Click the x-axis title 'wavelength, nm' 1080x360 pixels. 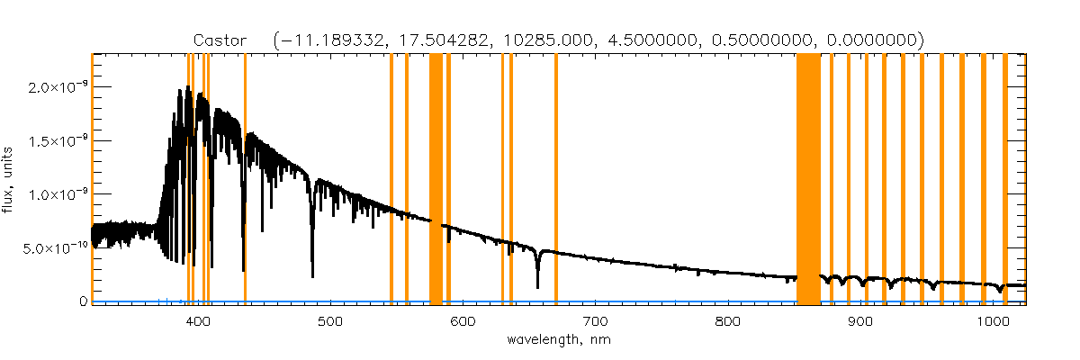[559, 341]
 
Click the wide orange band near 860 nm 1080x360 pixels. [808, 180]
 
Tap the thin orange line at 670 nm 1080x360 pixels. [555, 180]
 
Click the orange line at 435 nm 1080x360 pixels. [245, 180]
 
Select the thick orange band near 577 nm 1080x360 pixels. [436, 180]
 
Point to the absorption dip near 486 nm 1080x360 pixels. [312, 270]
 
